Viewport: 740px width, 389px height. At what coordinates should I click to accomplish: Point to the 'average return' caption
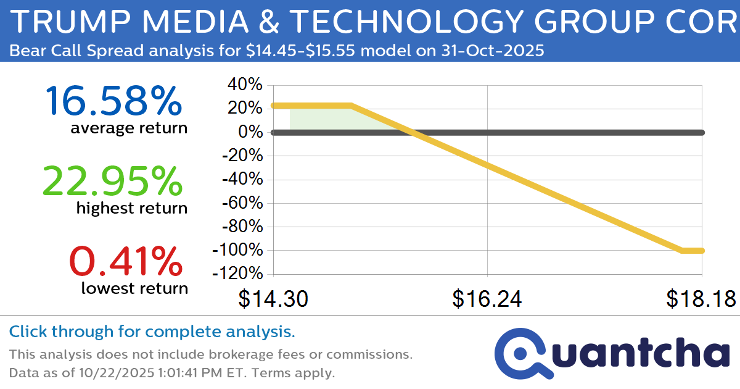click(x=128, y=128)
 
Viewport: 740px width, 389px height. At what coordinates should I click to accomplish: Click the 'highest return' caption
click(x=131, y=208)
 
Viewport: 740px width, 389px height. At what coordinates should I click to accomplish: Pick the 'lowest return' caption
click(x=134, y=288)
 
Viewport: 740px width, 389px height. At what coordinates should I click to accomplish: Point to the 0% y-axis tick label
click(x=252, y=132)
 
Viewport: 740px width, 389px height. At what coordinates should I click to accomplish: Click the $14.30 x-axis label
click(x=273, y=299)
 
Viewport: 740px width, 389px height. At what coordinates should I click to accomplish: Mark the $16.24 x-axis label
click(x=487, y=299)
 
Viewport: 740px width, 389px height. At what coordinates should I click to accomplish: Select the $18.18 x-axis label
click(x=701, y=299)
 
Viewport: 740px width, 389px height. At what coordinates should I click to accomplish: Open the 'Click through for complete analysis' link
click(x=152, y=332)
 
